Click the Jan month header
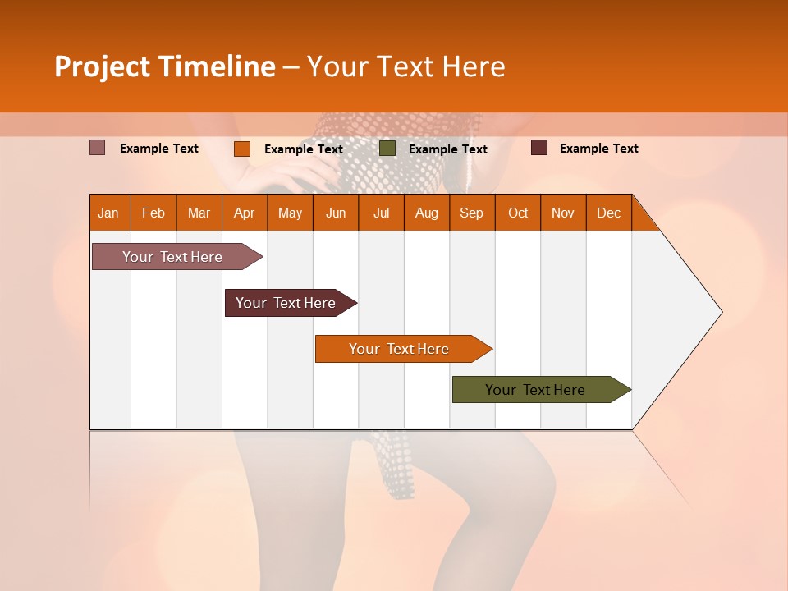(x=109, y=213)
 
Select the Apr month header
(x=245, y=213)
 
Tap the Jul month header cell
(x=381, y=213)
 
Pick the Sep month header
(x=472, y=213)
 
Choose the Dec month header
(x=608, y=213)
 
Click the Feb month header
(x=153, y=213)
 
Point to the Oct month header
(x=518, y=213)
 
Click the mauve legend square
(x=98, y=148)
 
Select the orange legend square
(x=242, y=149)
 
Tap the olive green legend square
(x=387, y=149)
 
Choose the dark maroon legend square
(x=539, y=148)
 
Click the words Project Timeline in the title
(x=165, y=66)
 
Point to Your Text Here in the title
(x=406, y=66)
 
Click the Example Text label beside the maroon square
(x=598, y=149)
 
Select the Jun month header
(x=336, y=213)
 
